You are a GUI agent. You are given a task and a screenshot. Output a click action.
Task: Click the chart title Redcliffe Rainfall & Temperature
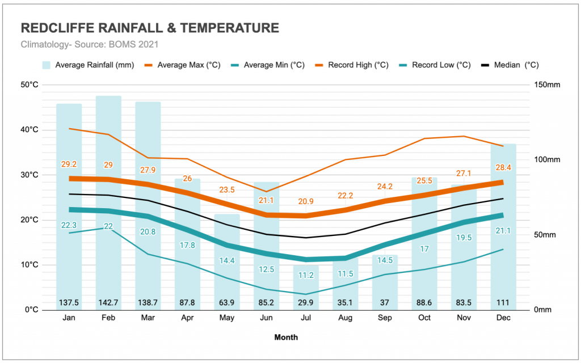coord(150,28)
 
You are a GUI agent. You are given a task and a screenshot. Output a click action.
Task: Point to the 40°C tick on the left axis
coord(30,130)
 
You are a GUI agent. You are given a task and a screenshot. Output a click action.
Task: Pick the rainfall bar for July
coord(305,284)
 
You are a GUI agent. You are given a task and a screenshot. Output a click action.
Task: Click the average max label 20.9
coord(305,201)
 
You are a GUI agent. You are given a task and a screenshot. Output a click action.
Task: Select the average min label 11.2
coord(305,275)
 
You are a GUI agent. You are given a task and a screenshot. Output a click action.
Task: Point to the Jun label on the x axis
coord(266,318)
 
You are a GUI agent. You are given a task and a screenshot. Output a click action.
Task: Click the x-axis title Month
coord(286,337)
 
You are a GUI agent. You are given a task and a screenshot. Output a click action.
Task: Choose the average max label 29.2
coord(69,164)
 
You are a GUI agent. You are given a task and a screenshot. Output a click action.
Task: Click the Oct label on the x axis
coord(424,318)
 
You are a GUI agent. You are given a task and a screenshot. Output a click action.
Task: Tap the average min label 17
coord(424,248)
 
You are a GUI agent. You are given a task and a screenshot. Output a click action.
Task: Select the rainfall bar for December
coord(503,227)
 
